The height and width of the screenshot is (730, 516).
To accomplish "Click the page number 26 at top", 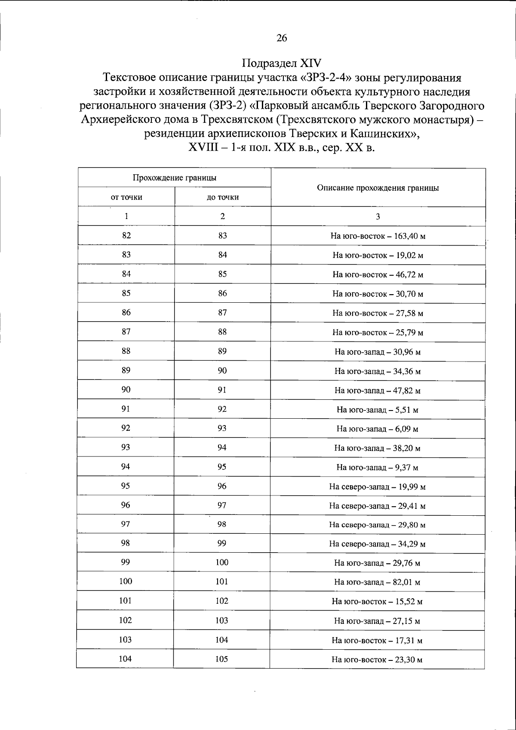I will (282, 38).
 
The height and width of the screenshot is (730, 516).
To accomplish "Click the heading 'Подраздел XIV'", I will (282, 63).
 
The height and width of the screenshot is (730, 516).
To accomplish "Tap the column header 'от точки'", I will (126, 197).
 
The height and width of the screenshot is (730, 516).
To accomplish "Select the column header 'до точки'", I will (223, 197).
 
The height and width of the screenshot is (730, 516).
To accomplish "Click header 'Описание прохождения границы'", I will (378, 188).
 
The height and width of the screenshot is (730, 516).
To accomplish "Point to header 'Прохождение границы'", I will (174, 178).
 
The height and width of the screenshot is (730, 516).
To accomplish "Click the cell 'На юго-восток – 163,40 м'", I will (378, 236).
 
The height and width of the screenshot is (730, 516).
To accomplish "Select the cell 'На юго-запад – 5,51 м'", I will (378, 410).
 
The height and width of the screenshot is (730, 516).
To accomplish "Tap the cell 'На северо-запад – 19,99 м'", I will (378, 487).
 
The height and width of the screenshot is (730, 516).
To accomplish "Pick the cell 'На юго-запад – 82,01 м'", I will (378, 582).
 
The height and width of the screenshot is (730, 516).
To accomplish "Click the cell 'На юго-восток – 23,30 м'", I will (378, 660).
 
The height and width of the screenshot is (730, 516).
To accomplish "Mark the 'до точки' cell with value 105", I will (222, 659).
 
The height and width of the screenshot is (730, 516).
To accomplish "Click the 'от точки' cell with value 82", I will (126, 235).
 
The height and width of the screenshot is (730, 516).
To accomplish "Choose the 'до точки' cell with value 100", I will (222, 563).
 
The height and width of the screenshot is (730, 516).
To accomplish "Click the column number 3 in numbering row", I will (378, 217).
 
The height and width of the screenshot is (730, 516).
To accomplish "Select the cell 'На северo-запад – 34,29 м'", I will (378, 544).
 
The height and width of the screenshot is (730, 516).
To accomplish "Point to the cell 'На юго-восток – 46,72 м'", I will (378, 274).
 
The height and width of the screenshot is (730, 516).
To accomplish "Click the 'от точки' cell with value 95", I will (126, 486).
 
